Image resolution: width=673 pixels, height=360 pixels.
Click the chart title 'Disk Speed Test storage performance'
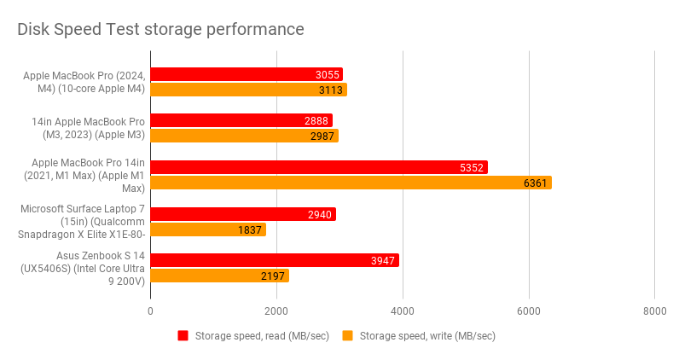click(x=161, y=29)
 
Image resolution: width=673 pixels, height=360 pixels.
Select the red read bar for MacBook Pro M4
click(x=247, y=74)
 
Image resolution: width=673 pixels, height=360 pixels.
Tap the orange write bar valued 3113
click(x=248, y=90)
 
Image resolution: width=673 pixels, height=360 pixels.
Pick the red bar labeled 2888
click(x=241, y=120)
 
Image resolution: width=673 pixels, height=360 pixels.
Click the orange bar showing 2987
click(x=244, y=136)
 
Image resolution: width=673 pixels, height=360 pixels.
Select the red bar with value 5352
click(x=319, y=167)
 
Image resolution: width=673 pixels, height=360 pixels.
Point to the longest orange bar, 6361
click(x=351, y=183)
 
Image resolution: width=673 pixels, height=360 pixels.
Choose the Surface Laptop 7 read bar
click(x=243, y=214)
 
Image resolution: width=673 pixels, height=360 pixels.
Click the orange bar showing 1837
click(x=208, y=229)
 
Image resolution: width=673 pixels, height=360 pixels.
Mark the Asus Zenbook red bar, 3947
click(x=275, y=260)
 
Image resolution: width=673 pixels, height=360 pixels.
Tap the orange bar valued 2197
click(x=219, y=276)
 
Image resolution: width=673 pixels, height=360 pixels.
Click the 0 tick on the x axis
click(x=151, y=311)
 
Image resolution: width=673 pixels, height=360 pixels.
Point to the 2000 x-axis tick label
click(x=276, y=311)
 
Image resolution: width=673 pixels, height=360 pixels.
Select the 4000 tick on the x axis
click(x=403, y=311)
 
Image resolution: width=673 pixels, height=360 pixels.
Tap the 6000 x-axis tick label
click(x=529, y=311)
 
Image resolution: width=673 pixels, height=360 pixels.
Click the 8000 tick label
click(x=654, y=311)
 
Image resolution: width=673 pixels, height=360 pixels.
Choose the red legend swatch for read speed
click(x=183, y=336)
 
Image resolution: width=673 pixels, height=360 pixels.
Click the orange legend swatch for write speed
click(x=347, y=336)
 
